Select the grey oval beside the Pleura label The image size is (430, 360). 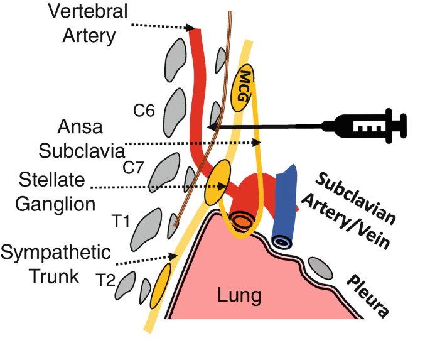point(322,268)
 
